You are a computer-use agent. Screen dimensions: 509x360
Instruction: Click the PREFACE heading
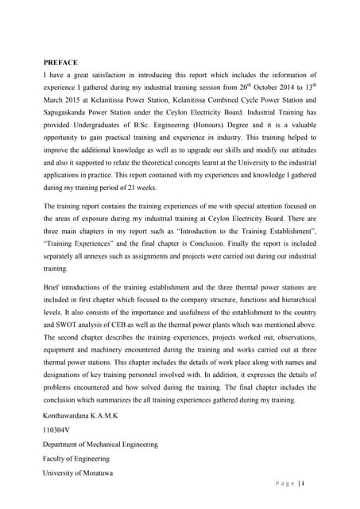[x=60, y=62]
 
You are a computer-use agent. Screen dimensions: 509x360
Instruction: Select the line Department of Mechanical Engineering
[x=100, y=445]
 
